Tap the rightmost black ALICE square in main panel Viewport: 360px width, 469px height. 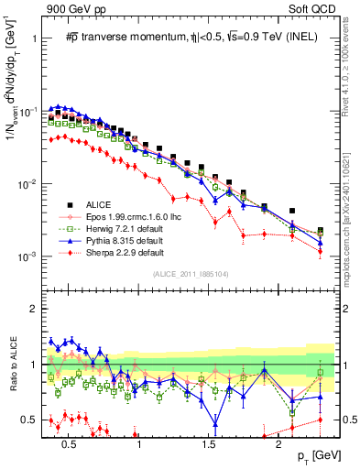320,231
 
